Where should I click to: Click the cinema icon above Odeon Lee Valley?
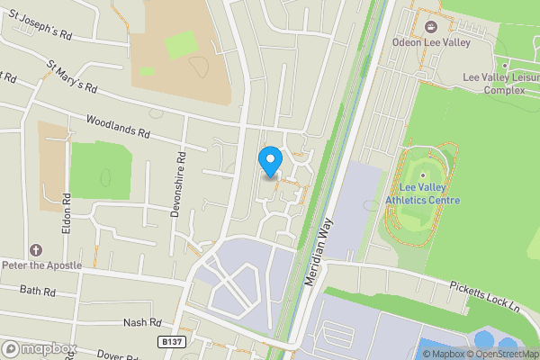(429, 26)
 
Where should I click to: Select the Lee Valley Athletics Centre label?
(423, 193)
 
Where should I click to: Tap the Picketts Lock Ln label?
(485, 292)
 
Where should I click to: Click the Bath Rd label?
(38, 292)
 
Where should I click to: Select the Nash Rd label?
(142, 322)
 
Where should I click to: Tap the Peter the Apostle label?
(41, 265)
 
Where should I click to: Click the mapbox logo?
(40, 348)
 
